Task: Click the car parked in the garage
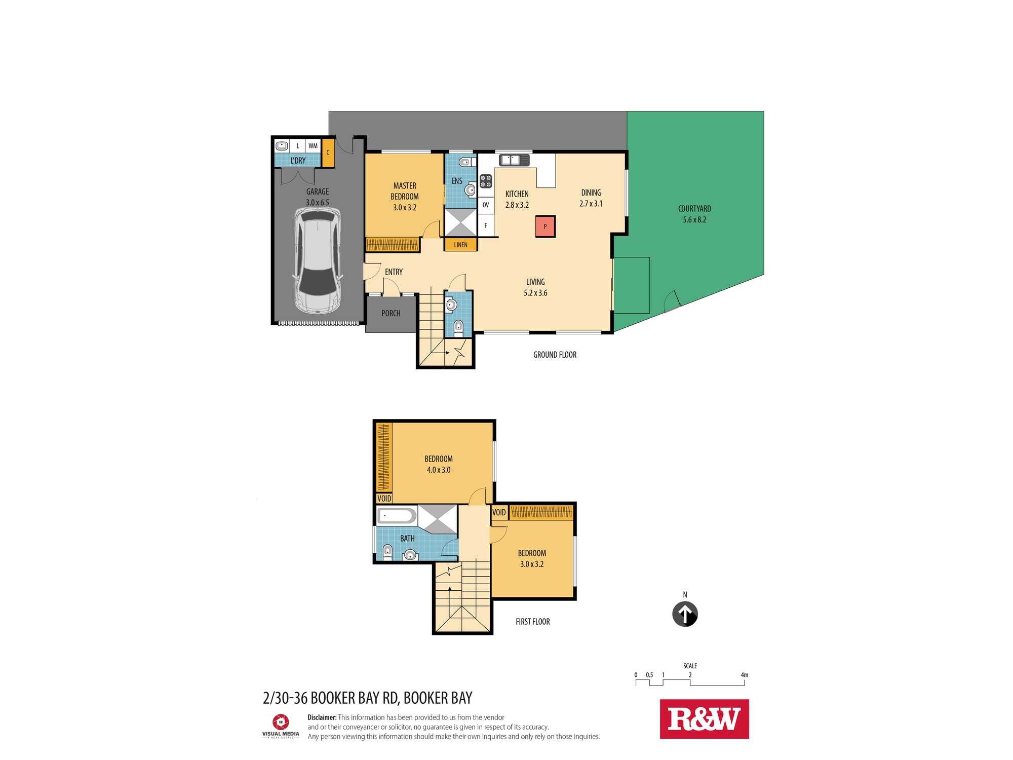point(317,261)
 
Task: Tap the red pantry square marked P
point(546,226)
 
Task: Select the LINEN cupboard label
point(461,245)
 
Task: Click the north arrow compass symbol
point(685,614)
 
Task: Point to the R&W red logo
point(704,719)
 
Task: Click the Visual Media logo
point(281,726)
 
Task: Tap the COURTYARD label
point(694,209)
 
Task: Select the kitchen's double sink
point(515,160)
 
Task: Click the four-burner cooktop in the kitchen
point(486,181)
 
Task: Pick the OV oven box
point(486,205)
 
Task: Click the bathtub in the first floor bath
point(397,516)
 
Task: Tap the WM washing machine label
point(313,146)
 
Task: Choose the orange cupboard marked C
point(328,153)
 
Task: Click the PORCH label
point(391,314)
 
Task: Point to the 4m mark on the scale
point(745,675)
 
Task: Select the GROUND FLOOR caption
point(555,355)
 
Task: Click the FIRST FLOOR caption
point(533,622)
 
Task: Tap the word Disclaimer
point(322,717)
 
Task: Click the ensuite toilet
point(465,162)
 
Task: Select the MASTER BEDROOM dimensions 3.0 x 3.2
point(405,207)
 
